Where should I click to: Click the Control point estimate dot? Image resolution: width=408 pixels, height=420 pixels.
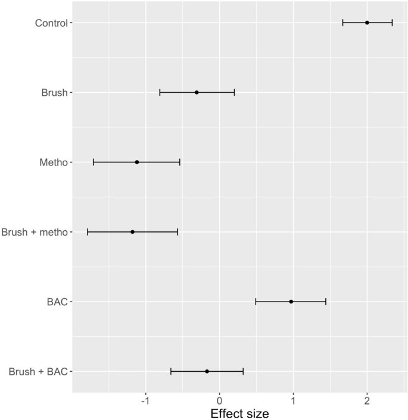tap(367, 23)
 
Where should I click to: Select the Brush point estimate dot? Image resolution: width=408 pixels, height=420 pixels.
tap(197, 92)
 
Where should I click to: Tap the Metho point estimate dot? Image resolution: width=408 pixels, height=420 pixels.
tap(137, 162)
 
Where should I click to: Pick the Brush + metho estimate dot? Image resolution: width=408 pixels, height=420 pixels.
tap(132, 231)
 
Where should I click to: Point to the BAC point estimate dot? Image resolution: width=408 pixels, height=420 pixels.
tap(291, 302)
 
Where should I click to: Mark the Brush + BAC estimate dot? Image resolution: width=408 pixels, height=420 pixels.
tap(207, 371)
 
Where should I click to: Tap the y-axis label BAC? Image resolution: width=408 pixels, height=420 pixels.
tap(58, 302)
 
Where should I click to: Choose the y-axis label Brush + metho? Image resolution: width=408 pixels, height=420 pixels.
tap(36, 232)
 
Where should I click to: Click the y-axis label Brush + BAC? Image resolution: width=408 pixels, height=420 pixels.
tap(39, 372)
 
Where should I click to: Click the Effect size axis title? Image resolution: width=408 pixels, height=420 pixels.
tap(239, 412)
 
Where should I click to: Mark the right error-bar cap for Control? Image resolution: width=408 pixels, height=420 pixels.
tap(392, 23)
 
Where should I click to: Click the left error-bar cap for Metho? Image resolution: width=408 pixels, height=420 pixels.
tap(94, 162)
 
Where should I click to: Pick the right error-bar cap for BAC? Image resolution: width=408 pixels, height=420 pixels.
tap(326, 302)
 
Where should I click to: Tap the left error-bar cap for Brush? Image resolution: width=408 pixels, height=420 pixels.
tap(160, 92)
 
